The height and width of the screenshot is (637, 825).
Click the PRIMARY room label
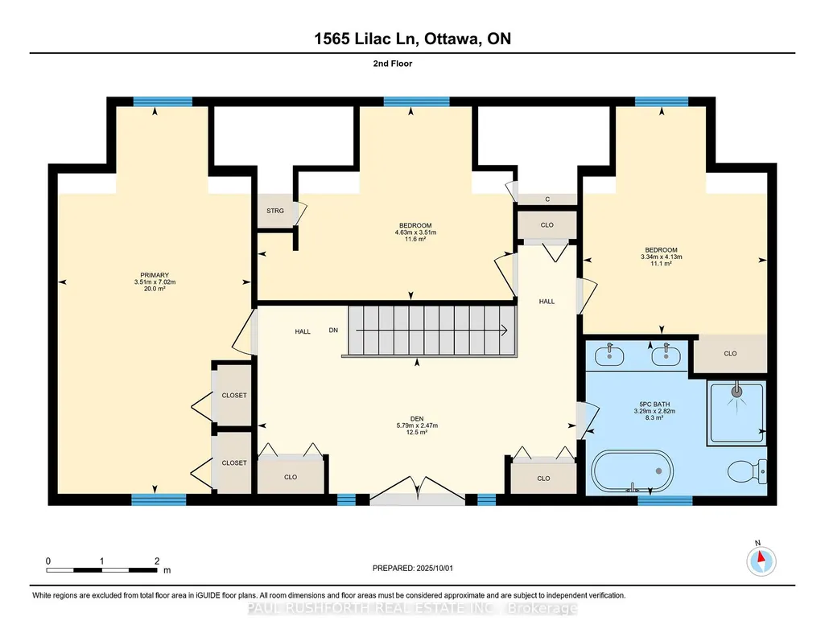155,275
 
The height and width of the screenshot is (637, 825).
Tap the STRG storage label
275,211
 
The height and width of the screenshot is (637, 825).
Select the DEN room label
417,419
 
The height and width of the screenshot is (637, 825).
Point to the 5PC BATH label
654,405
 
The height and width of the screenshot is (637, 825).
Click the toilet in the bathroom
748,471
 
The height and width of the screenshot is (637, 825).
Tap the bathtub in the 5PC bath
632,471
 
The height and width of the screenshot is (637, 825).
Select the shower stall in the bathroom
736,413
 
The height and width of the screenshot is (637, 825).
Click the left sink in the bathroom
609,355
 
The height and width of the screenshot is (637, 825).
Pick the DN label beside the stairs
333,330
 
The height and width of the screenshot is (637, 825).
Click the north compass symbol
761,561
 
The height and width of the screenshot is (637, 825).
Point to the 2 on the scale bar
157,561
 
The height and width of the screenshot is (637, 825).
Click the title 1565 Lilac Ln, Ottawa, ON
412,39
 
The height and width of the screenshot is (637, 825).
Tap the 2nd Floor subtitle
393,64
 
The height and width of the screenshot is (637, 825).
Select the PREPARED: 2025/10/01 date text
412,568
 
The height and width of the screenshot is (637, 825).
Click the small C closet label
548,199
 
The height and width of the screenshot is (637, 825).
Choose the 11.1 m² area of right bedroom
662,263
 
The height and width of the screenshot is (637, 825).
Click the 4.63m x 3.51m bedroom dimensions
415,232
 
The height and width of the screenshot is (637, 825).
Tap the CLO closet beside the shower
730,353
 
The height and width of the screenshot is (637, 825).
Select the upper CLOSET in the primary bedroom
234,395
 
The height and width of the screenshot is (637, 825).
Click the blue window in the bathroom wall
665,500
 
